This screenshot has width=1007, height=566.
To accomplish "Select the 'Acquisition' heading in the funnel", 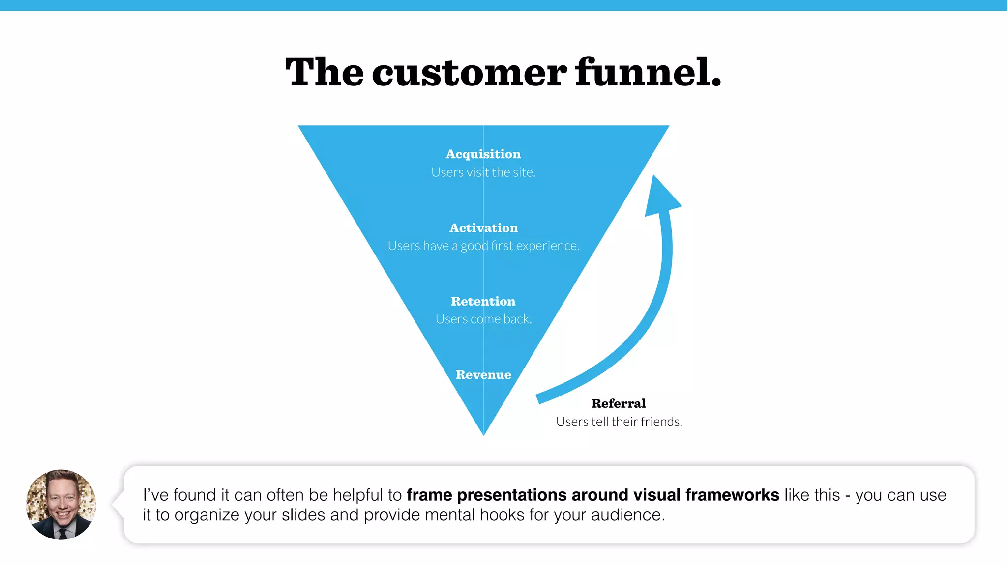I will [483, 154].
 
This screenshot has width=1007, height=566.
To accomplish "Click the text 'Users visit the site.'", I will [483, 172].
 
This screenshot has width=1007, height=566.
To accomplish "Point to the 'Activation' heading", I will [483, 228].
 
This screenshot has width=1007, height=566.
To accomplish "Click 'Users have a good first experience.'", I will [483, 246].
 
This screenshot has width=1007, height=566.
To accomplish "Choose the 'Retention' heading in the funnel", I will [483, 301].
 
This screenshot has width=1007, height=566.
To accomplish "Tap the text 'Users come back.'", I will [483, 319].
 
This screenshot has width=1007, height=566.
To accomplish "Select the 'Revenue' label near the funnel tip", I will [483, 375].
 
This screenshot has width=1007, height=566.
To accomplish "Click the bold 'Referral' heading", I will [619, 403].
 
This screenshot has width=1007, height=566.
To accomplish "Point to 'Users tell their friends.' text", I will [619, 422].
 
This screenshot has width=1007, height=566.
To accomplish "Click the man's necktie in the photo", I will [63, 533].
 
